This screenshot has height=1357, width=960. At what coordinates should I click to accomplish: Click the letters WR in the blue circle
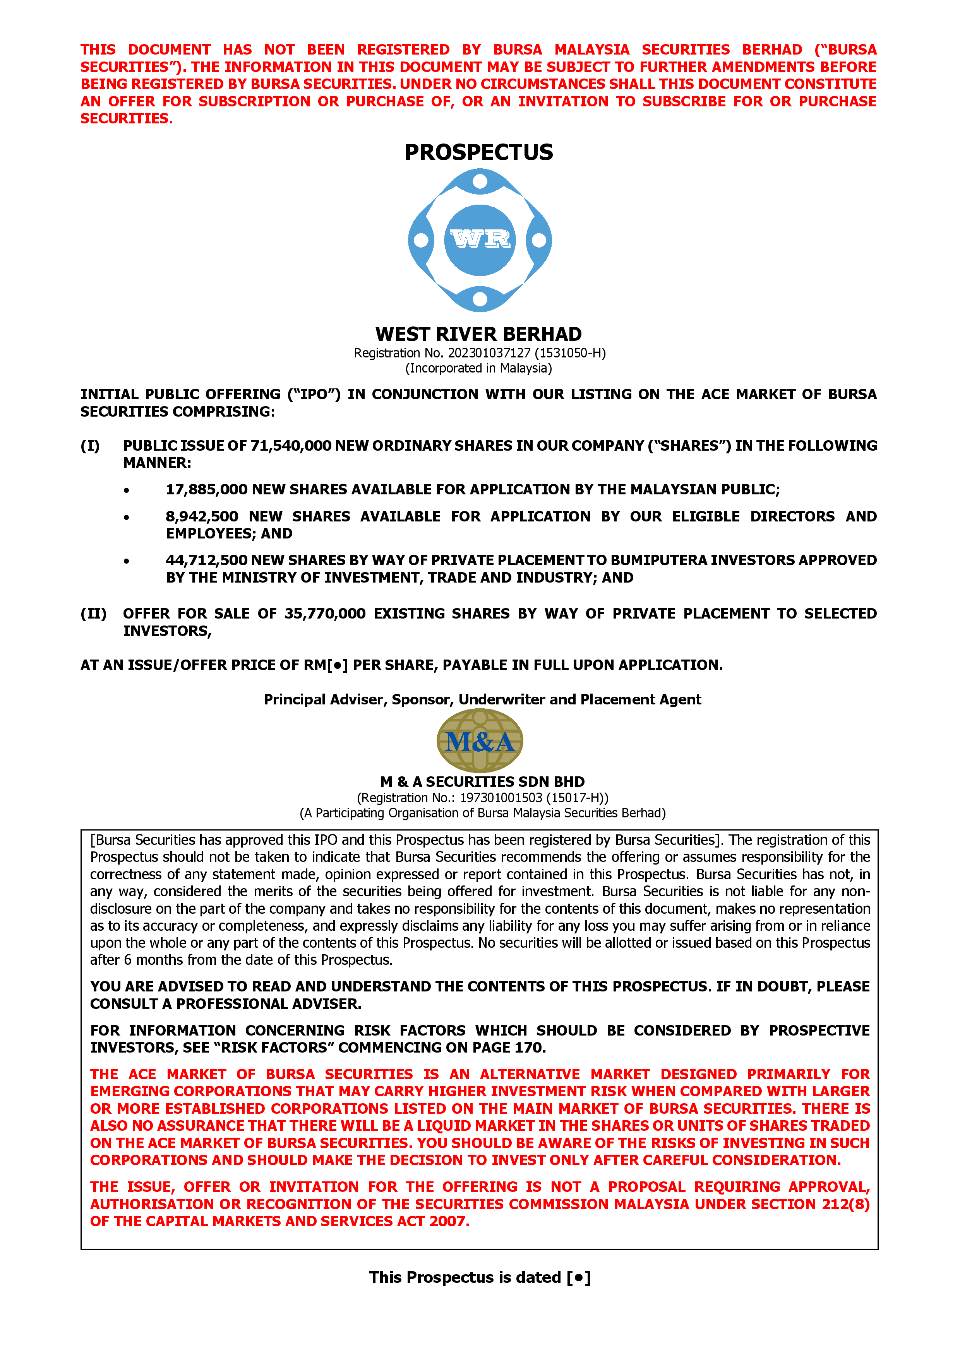click(480, 239)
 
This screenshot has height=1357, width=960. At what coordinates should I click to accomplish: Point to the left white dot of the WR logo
click(420, 240)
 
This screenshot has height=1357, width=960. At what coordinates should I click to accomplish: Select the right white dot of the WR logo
click(539, 240)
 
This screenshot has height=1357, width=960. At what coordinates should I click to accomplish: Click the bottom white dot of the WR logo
click(480, 299)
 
